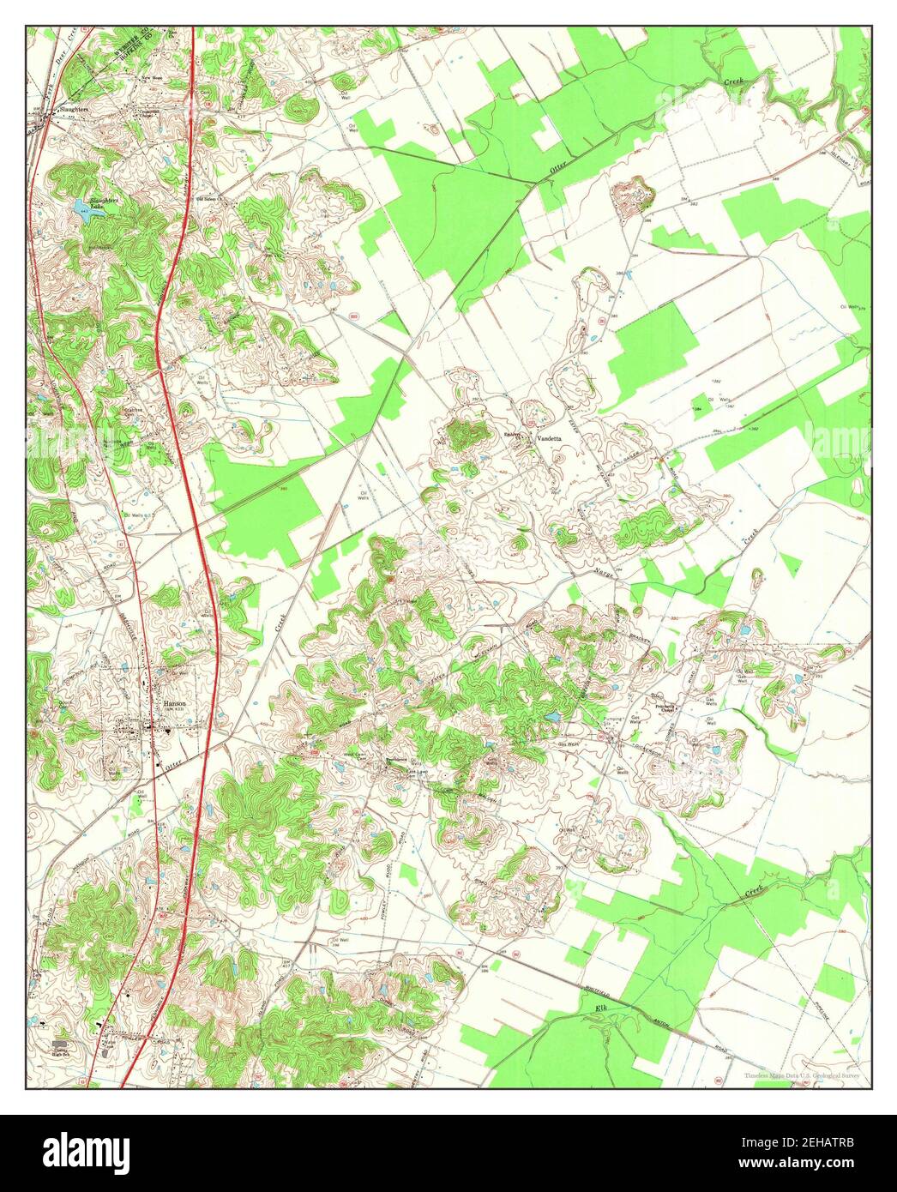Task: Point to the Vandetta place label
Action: (548, 437)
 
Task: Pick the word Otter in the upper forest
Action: (558, 171)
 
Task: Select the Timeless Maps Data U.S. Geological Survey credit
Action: (801, 1074)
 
